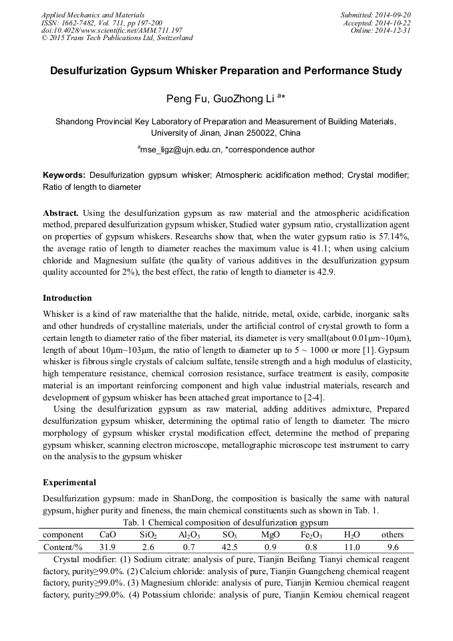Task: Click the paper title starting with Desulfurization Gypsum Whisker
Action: (226, 70)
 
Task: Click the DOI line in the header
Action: (112, 30)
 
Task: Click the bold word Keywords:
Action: (64, 174)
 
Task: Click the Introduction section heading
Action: (67, 297)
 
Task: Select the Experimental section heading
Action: (69, 482)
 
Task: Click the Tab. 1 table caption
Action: (226, 522)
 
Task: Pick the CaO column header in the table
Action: (108, 535)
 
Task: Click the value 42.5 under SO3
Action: (230, 547)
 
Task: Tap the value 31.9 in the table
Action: (108, 547)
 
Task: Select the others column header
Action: (392, 535)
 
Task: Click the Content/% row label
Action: (63, 547)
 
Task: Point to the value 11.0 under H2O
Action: (351, 547)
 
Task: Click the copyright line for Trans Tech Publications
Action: (117, 38)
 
